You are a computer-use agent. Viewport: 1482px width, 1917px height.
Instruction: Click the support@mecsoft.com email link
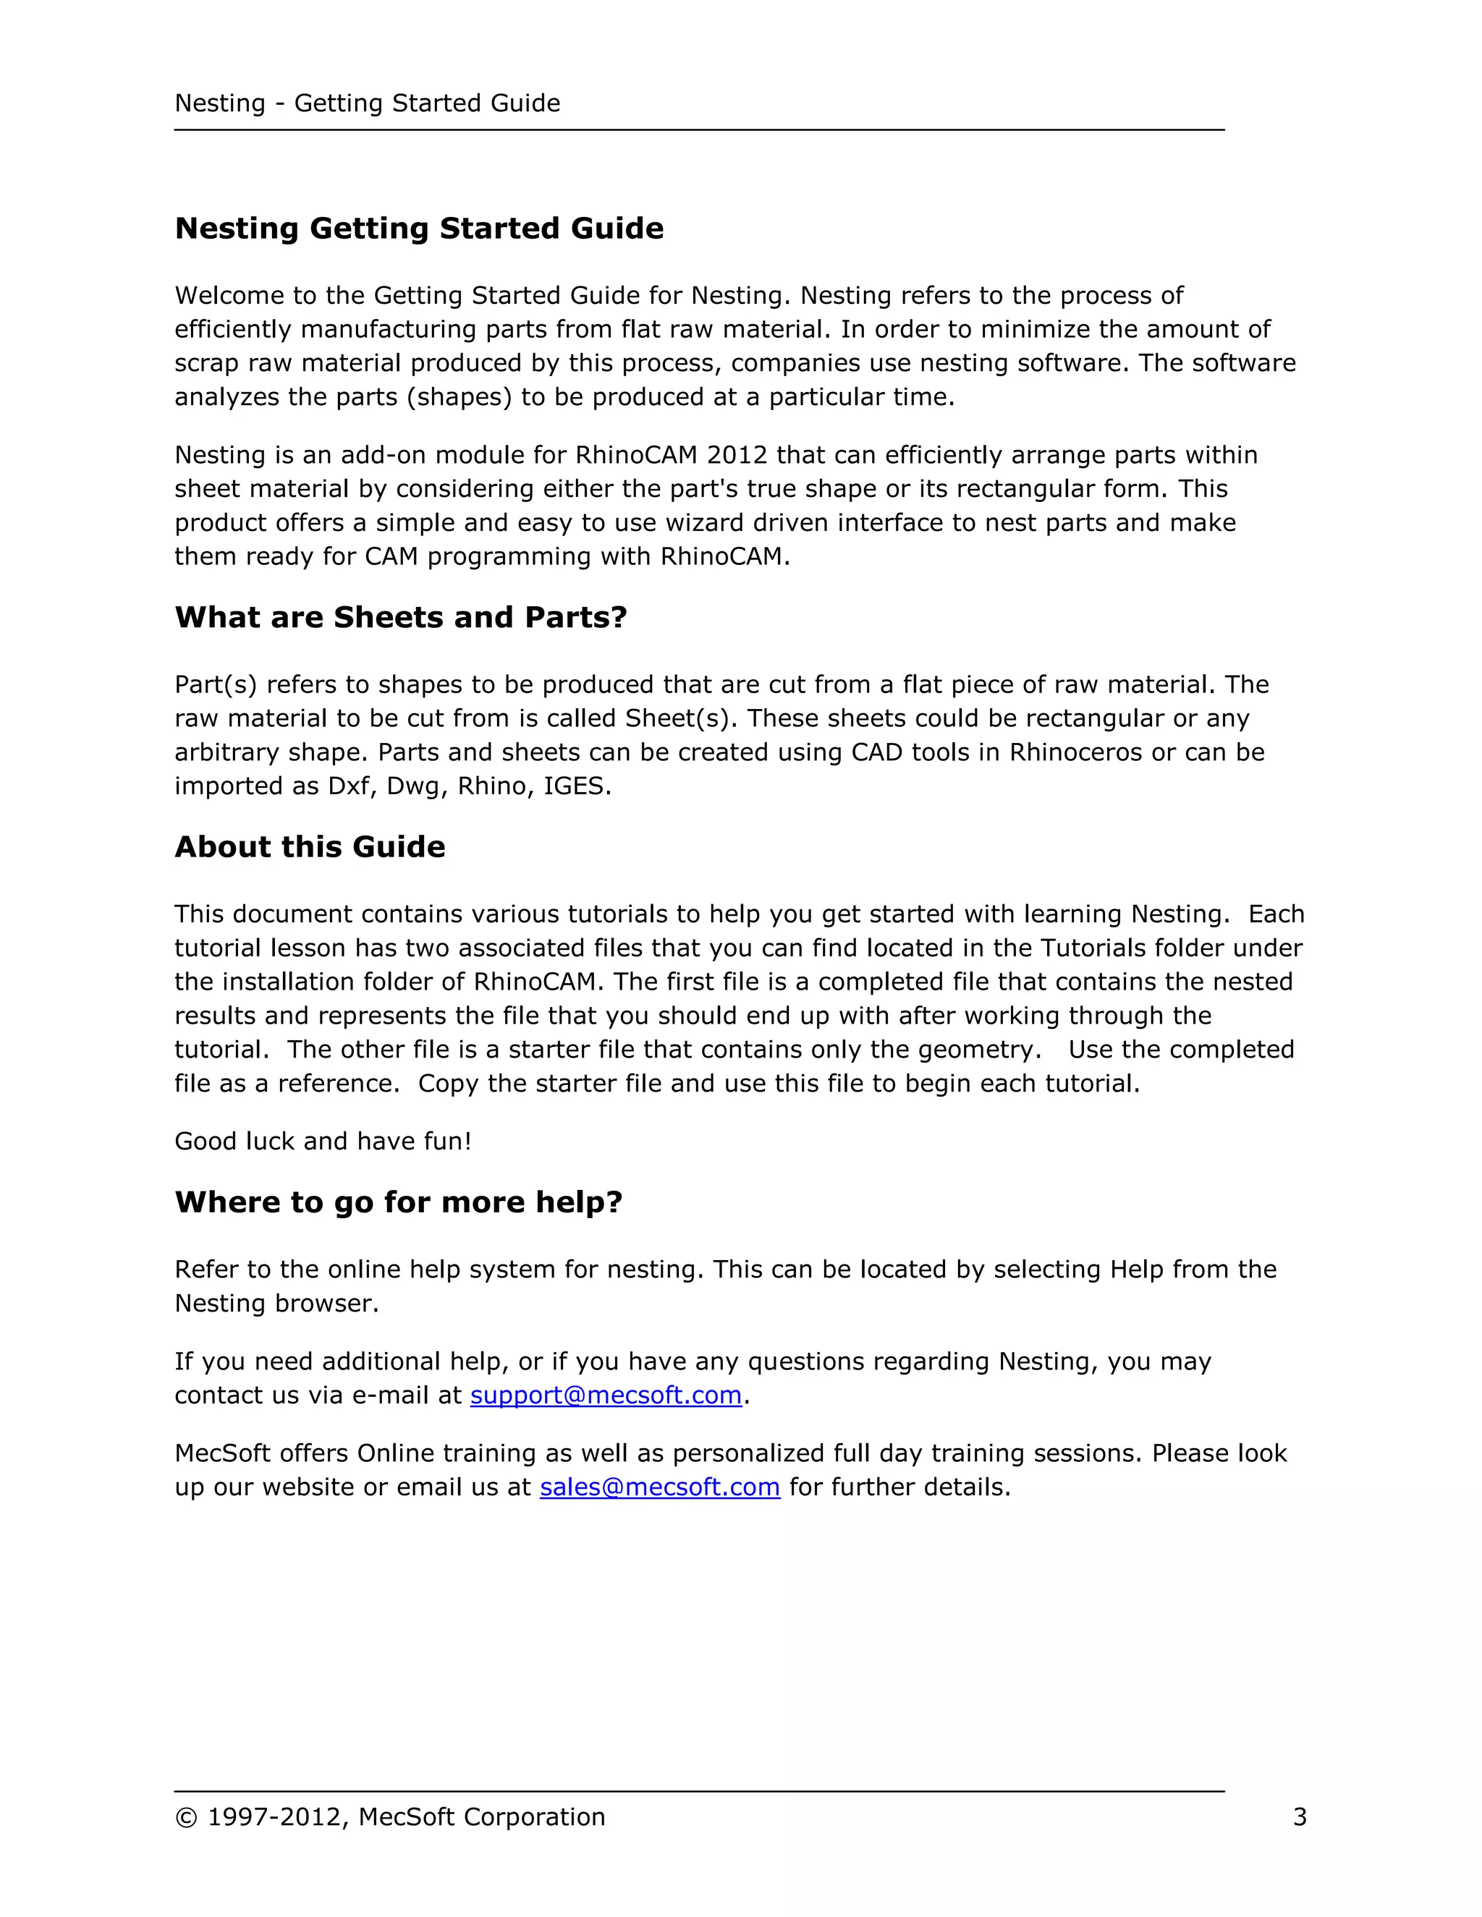606,1395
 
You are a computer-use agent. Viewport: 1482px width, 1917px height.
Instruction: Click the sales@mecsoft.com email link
659,1487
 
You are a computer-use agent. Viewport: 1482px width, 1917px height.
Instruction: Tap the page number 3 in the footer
1300,1817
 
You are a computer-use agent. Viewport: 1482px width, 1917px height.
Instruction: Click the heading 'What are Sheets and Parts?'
400,617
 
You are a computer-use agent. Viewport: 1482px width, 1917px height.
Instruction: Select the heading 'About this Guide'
310,846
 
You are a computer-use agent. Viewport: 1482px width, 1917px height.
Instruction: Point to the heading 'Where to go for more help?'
399,1202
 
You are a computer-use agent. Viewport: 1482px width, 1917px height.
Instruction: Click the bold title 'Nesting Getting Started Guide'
419,228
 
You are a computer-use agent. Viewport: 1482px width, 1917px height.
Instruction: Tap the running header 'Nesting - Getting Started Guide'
367,103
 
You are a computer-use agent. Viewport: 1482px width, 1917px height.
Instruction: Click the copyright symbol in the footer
186,1818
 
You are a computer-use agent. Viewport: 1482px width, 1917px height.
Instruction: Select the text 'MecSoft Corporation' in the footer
481,1817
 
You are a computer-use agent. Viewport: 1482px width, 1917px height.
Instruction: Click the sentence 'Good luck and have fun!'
323,1141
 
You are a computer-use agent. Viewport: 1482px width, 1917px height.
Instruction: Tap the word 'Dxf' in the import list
349,786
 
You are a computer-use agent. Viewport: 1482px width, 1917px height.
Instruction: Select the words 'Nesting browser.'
276,1304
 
